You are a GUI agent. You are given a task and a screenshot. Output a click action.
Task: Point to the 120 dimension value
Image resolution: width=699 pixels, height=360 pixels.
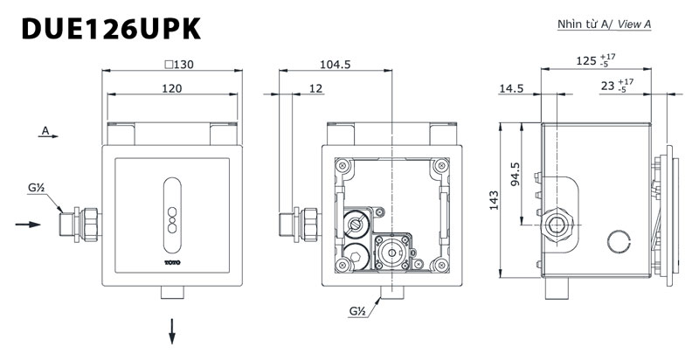pos(171,88)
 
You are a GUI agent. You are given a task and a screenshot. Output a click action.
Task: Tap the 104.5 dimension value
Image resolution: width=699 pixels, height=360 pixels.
pos(336,64)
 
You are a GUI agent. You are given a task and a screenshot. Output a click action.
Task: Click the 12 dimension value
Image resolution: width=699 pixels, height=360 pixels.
pos(316,88)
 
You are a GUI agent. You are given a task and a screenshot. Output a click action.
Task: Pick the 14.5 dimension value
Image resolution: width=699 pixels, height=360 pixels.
pos(512,88)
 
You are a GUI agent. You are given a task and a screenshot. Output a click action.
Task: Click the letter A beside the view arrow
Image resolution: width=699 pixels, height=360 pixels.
pos(43,131)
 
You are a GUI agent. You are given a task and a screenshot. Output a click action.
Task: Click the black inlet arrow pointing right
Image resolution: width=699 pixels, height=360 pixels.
pos(29,225)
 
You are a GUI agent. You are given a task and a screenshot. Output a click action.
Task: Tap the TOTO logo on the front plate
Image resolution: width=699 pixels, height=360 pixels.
pos(171,257)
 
